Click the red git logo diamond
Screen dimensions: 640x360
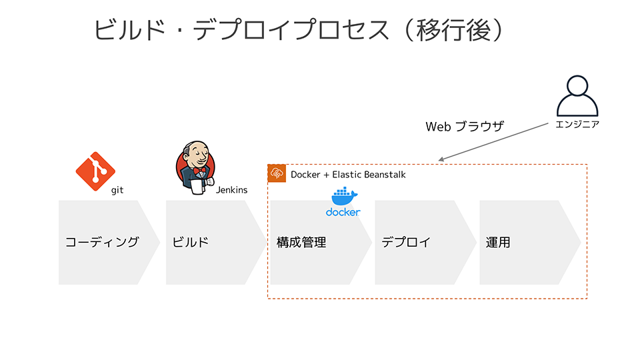pos(95,171)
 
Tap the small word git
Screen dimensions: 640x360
pos(117,190)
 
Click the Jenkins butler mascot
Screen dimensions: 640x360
pos(195,168)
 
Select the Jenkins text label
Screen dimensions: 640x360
pos(231,190)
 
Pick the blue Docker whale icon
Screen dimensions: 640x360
pos(345,196)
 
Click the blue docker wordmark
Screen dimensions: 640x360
pos(343,212)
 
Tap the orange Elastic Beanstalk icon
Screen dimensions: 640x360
pos(277,173)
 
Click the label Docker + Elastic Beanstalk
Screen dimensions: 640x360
pos(348,175)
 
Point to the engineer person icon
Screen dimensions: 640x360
pos(577,96)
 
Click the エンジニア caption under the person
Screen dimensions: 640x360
pos(577,125)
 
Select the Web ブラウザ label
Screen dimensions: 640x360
pos(465,127)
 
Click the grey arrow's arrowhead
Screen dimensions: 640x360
pos(441,159)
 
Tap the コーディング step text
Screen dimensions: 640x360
pos(102,242)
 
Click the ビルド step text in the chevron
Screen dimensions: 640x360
pos(190,242)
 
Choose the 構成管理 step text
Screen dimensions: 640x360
pos(301,243)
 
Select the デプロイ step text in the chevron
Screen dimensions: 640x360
pos(406,242)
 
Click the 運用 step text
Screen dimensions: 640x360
pos(498,243)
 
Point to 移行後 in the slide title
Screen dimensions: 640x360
pos(453,30)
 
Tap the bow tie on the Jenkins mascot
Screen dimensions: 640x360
pos(199,170)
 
